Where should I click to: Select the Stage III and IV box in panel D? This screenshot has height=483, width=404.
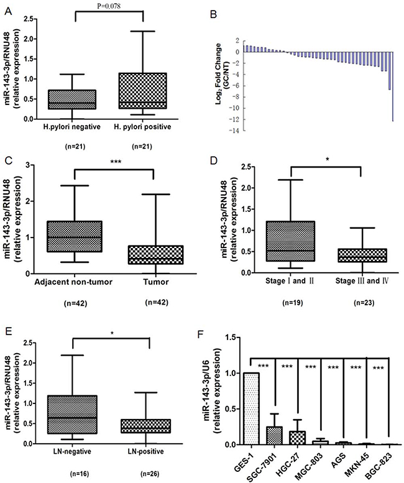pyautogui.click(x=336, y=256)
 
